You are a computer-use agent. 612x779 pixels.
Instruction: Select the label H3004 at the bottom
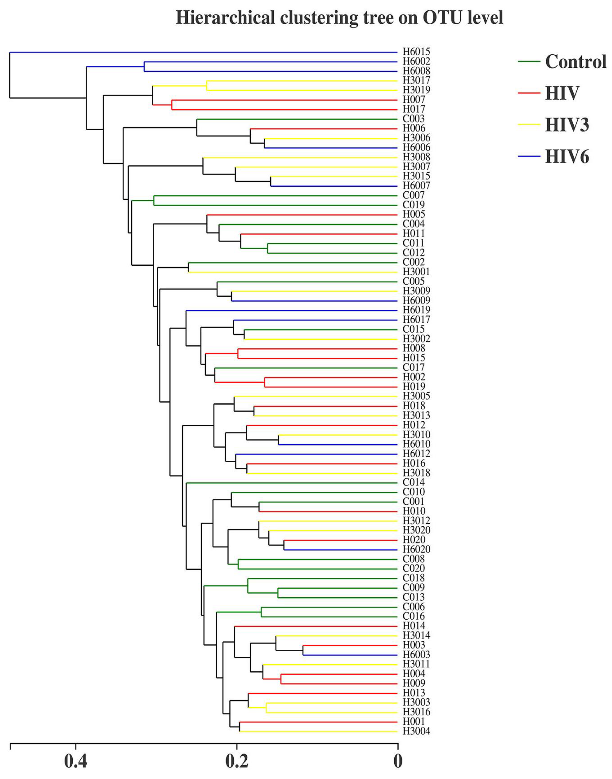416,731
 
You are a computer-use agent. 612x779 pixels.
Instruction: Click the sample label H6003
416,655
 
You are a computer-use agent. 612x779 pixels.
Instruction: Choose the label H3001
416,272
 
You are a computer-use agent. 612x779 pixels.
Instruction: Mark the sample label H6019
416,310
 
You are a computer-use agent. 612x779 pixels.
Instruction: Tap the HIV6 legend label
567,157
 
